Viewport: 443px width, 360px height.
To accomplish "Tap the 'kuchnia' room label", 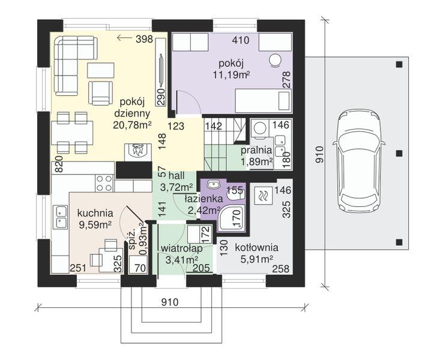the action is (95, 213).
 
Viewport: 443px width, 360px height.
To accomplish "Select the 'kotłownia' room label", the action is (256, 248).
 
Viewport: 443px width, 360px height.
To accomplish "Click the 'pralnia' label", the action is (256, 150).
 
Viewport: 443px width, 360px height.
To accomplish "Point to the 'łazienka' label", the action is (203, 199).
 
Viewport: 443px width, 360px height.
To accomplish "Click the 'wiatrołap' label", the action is (182, 248).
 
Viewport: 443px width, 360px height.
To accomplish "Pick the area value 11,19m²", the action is (231, 75).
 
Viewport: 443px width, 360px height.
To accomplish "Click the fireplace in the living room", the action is (138, 152).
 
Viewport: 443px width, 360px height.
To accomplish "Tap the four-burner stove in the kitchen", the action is (104, 183).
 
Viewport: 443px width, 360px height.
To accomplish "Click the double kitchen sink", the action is (61, 217).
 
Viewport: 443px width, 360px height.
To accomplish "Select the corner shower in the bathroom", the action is (232, 218).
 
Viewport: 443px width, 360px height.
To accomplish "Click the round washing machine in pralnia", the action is (260, 129).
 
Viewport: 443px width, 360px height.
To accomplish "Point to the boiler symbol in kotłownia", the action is (264, 195).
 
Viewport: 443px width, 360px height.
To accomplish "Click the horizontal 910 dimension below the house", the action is (170, 302).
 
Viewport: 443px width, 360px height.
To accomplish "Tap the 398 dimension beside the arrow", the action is (144, 39).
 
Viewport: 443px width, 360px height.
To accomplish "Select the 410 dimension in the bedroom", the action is (241, 40).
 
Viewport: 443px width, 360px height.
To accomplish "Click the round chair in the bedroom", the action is (275, 61).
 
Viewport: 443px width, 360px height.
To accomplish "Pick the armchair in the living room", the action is (100, 93).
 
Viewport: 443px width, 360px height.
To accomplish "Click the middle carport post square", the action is (399, 154).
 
